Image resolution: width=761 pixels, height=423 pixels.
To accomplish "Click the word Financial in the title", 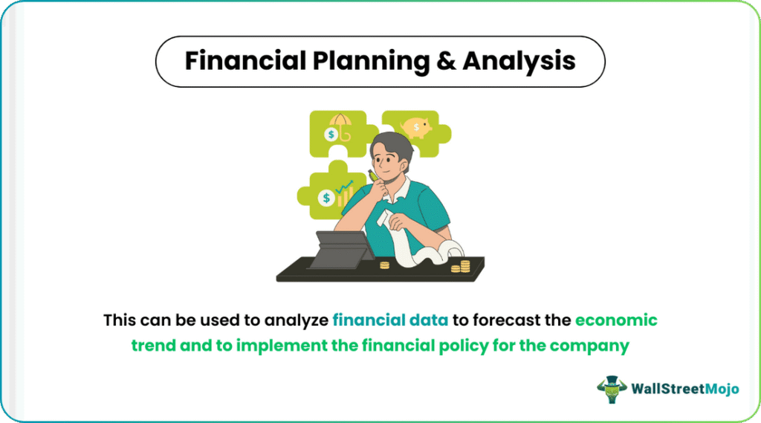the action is pos(245,61).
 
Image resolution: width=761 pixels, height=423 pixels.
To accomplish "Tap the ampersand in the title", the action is pos(446,61).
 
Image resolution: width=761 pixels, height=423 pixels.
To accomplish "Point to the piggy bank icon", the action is pos(416,128).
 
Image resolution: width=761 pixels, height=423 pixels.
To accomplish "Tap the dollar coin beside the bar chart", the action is pos(327,198).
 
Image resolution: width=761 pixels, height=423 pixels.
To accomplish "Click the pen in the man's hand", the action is pos(373,175).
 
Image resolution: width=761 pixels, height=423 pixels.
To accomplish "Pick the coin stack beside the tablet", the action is pos(384,265).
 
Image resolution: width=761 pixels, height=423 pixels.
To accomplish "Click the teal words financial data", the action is pos(390,320).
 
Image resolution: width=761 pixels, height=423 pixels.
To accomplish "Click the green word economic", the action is pos(616,320).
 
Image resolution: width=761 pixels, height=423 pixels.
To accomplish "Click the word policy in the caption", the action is pos(464,346).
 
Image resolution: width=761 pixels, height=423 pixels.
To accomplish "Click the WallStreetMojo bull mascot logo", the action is pos(612,389).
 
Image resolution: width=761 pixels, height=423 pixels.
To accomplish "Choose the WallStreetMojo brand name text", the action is pos(684,389).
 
